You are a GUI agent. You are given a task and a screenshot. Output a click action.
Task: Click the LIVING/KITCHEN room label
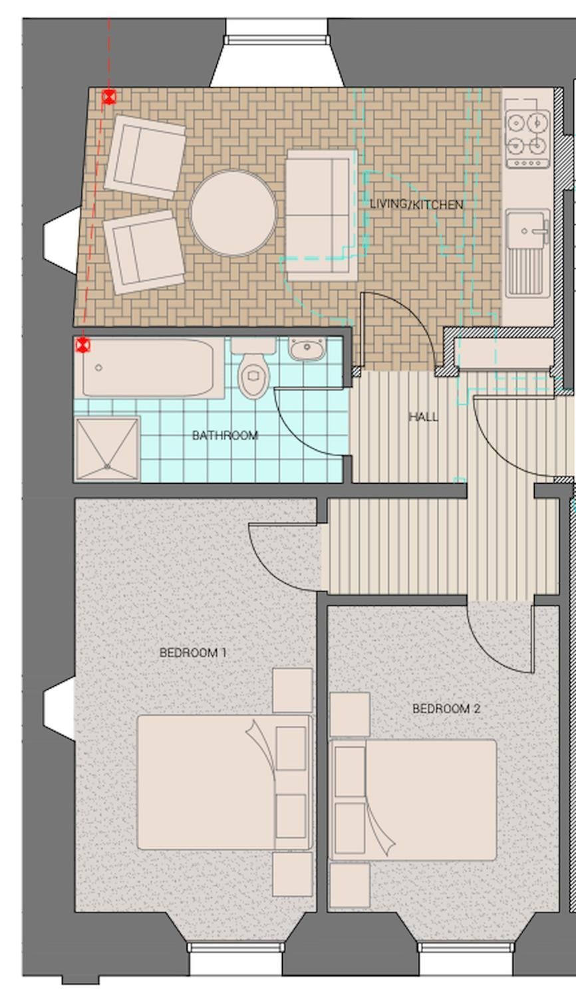tap(416, 205)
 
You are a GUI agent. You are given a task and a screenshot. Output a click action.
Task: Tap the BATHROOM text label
tap(225, 435)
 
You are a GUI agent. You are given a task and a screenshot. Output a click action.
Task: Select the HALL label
tap(423, 417)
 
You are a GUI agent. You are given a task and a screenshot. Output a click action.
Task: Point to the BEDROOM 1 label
tap(193, 653)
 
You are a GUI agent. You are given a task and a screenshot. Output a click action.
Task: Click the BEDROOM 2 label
tap(446, 709)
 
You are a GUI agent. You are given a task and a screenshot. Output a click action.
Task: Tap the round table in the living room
tap(233, 213)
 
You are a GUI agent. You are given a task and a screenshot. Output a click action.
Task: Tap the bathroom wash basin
tap(307, 348)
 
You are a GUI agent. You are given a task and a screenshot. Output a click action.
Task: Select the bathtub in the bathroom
tap(149, 368)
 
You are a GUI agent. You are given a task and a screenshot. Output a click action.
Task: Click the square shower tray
tap(107, 449)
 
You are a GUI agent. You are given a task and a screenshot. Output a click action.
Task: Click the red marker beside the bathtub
tap(83, 345)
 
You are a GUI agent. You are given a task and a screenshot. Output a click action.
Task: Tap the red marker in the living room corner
tap(108, 96)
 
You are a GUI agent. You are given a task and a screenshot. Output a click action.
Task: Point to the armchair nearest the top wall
tap(145, 156)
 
